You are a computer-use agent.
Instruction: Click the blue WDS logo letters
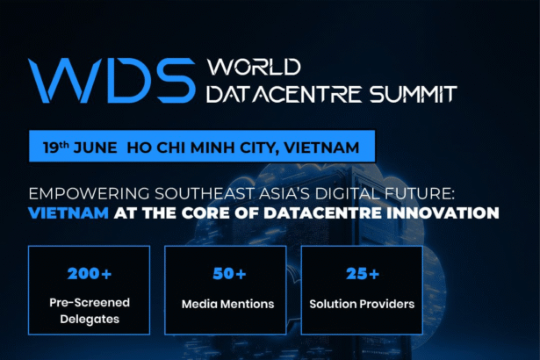point(112,80)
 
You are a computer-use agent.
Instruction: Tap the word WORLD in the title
point(254,67)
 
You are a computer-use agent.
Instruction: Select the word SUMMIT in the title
point(413,94)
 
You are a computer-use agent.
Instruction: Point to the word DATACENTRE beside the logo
point(284,94)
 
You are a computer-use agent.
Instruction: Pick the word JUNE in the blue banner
point(96,148)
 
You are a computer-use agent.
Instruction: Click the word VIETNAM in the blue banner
point(321,148)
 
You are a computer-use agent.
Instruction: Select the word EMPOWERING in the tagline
point(90,193)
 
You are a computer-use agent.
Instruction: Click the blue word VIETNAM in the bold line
point(68,212)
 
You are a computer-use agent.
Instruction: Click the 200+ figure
point(90,274)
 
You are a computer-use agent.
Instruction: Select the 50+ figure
point(229,274)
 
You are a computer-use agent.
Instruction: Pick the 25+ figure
point(363,274)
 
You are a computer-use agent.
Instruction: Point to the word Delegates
point(90,320)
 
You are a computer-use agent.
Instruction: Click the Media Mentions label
point(228,304)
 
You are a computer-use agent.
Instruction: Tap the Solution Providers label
point(362,304)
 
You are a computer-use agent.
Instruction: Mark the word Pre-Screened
point(90,303)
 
